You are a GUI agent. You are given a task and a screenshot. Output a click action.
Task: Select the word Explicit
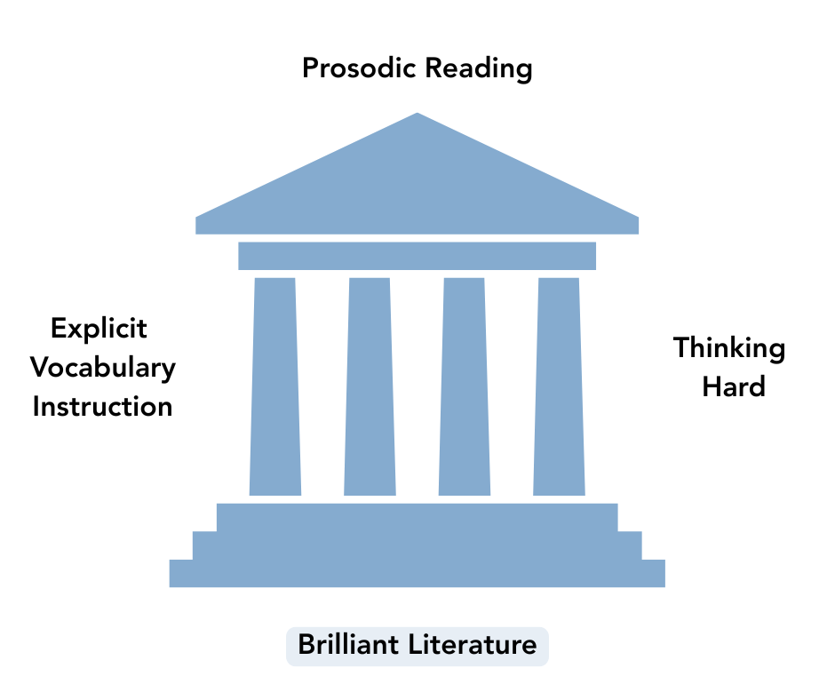(x=99, y=329)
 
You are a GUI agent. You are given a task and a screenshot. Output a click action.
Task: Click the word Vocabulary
(x=103, y=367)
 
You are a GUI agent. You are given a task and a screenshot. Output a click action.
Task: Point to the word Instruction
(x=102, y=406)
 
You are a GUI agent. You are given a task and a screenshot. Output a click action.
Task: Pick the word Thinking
(x=728, y=348)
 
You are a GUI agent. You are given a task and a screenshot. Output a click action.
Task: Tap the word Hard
(x=733, y=387)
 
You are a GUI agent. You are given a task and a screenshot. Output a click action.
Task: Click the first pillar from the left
(x=275, y=386)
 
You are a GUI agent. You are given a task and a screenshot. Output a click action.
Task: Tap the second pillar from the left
(x=370, y=386)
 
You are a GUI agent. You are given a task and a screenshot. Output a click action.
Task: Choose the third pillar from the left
(x=465, y=386)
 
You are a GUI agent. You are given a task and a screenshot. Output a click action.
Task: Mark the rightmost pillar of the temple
(x=559, y=386)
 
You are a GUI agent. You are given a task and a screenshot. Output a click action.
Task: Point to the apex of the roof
(x=417, y=115)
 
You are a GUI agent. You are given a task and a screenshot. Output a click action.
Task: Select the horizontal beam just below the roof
(x=417, y=256)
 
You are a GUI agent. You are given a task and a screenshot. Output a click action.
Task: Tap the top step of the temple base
(x=417, y=517)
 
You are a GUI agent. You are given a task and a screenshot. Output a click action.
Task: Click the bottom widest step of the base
(x=417, y=573)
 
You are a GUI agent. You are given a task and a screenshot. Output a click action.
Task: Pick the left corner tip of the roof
(x=198, y=222)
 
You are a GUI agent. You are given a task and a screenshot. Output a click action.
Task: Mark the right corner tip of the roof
(x=636, y=222)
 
